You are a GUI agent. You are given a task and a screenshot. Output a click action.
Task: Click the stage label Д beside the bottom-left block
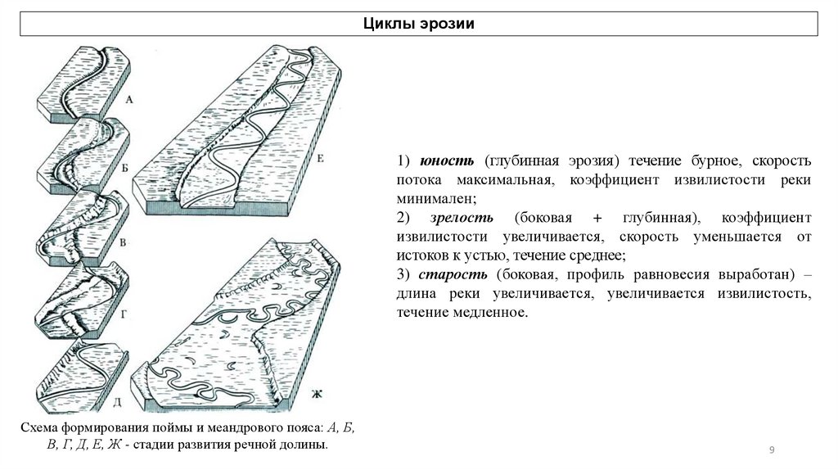coord(118,400)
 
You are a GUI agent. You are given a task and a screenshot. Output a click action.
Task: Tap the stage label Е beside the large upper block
coord(320,159)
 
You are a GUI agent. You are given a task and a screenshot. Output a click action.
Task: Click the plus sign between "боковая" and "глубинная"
coord(597,219)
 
